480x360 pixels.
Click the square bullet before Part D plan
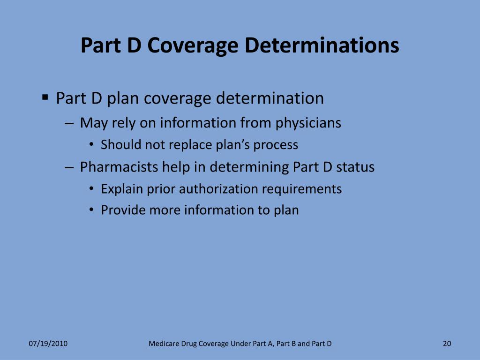[45, 97]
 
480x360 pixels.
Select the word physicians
[308, 123]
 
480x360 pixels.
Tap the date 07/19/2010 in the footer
[48, 344]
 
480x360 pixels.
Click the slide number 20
[447, 344]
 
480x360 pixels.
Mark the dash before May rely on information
[69, 123]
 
